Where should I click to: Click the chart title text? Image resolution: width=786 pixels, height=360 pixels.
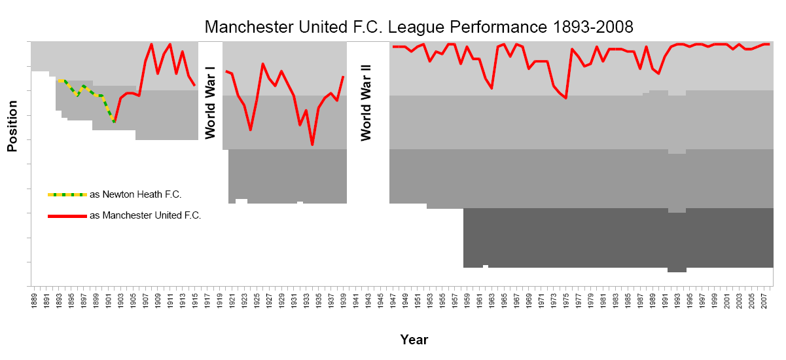(419, 27)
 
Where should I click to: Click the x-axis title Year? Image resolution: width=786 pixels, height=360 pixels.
(414, 340)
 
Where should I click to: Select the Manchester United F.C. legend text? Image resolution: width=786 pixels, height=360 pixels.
(145, 215)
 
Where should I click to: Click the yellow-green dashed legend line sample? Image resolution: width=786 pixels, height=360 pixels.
(67, 194)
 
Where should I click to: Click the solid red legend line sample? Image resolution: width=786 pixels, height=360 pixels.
(67, 215)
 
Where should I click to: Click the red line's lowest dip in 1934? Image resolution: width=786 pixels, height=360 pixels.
(312, 145)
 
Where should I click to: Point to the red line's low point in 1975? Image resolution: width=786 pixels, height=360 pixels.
(566, 98)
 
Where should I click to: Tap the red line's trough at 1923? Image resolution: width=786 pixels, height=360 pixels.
(250, 130)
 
